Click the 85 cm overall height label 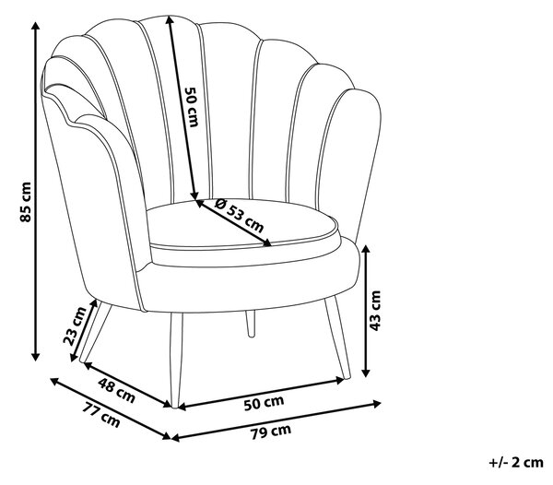point(26,202)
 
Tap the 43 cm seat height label point(375,311)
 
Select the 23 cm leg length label point(75,325)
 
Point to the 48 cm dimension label point(116,390)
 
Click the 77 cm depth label point(101,415)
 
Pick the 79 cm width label point(271,432)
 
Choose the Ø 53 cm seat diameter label point(239,216)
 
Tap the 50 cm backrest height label point(192,107)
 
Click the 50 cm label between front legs point(264,402)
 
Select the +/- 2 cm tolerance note point(516,462)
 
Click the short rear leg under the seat point(251,324)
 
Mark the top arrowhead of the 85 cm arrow point(35,26)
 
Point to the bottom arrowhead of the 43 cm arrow point(366,373)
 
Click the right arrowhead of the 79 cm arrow point(377,403)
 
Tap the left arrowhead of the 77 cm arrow point(54,381)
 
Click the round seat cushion point(243,226)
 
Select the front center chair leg point(176,361)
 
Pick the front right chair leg point(337,337)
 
